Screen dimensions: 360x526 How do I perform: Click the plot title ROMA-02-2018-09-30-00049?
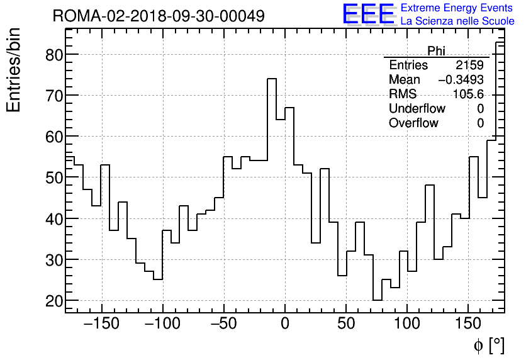(x=159, y=16)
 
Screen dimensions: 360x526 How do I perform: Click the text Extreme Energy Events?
(x=457, y=8)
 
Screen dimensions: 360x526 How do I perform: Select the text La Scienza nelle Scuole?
(x=457, y=21)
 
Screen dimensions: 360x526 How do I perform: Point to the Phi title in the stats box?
(x=436, y=51)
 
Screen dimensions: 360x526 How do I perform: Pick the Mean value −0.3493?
(x=461, y=80)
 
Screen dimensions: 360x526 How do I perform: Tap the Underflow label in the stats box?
(x=417, y=109)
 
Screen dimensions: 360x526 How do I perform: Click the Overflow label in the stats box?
(x=413, y=123)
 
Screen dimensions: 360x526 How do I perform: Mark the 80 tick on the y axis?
(x=55, y=55)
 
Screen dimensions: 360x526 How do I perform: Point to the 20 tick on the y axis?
(x=55, y=301)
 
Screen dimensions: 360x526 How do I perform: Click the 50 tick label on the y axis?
(x=55, y=178)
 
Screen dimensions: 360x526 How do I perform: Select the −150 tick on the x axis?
(x=101, y=324)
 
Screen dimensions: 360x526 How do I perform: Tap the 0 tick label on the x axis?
(x=285, y=324)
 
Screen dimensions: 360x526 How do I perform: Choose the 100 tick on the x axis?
(x=407, y=324)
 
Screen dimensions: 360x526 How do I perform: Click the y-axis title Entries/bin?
(x=14, y=70)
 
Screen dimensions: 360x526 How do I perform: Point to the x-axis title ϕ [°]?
(x=488, y=345)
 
